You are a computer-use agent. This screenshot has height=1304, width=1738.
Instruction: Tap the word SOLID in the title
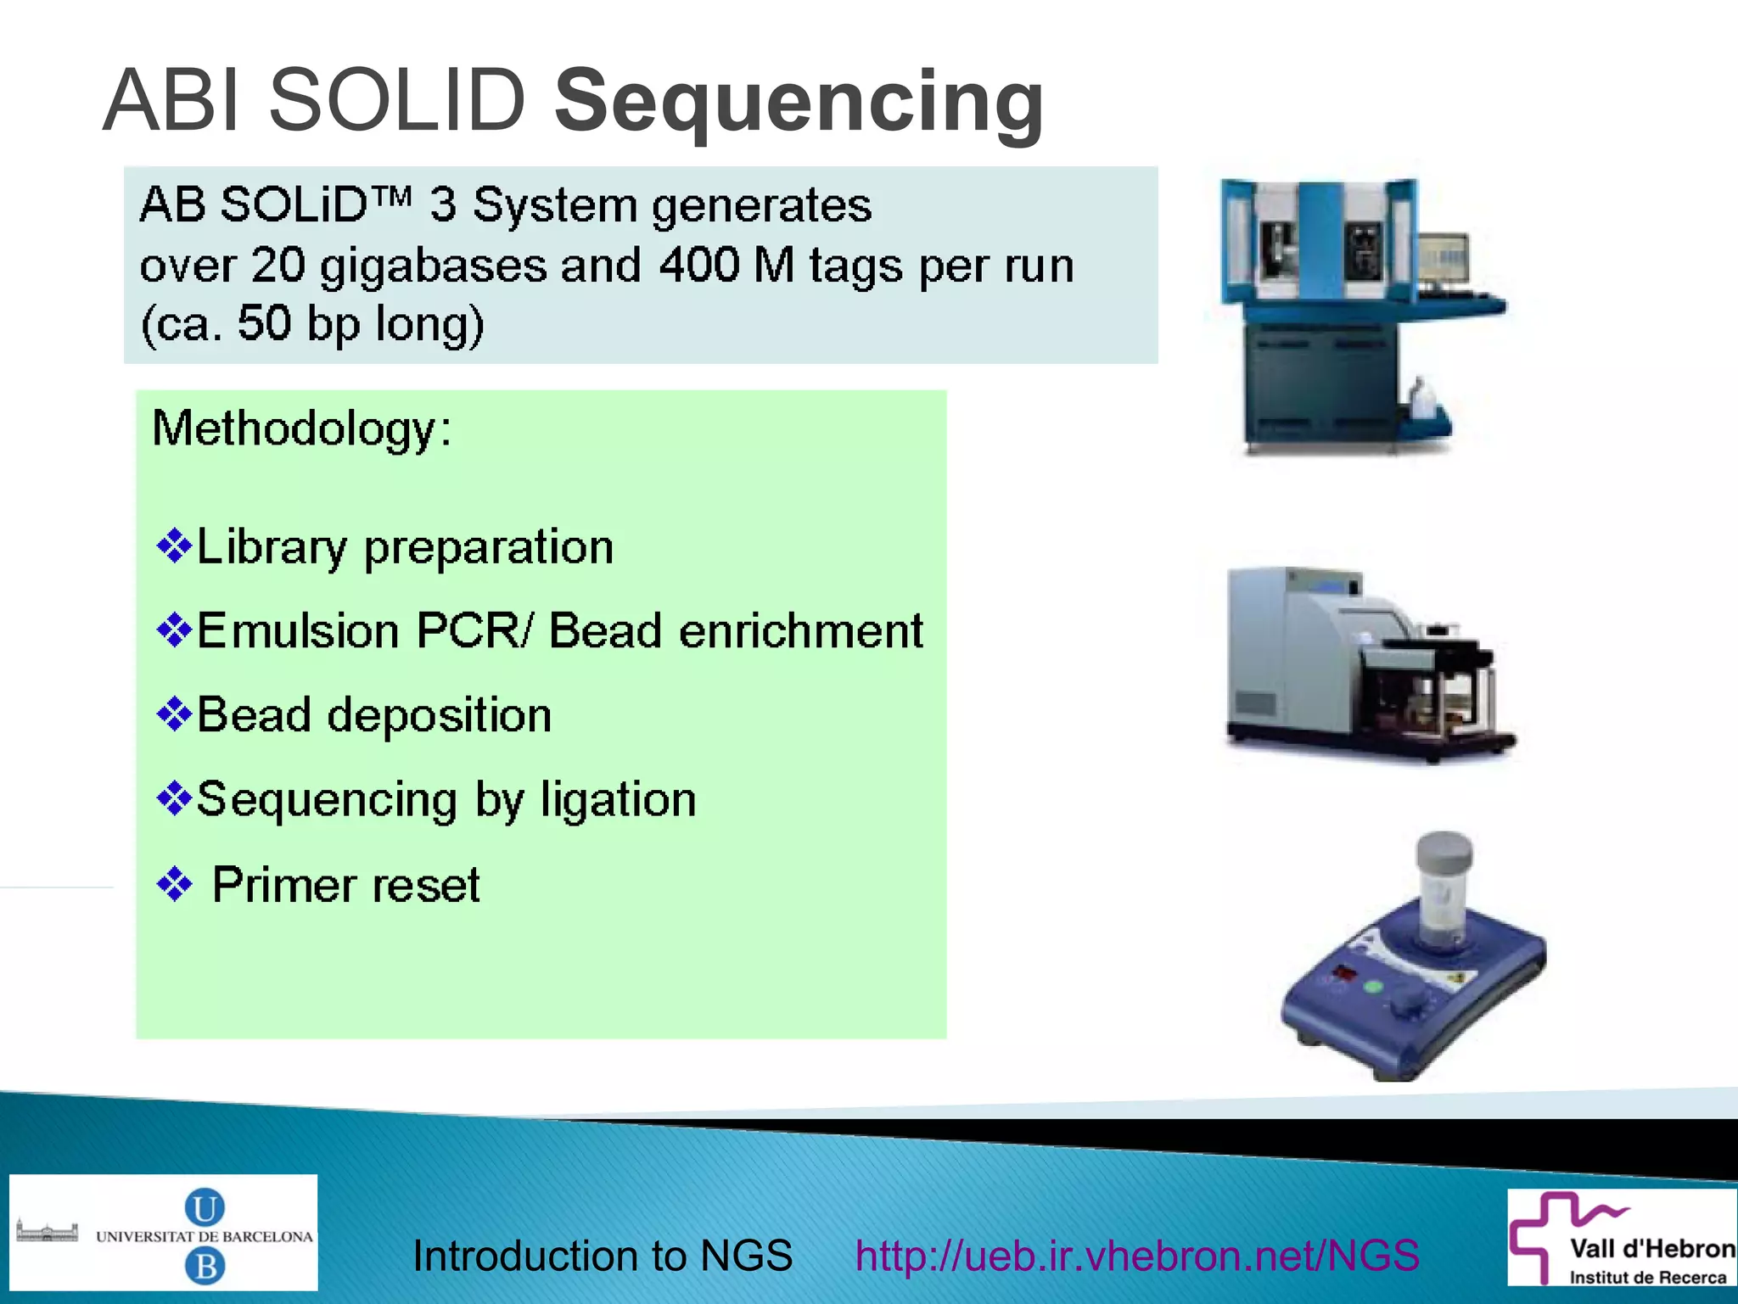pos(397,101)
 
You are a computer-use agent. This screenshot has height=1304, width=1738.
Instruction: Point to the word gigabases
pos(433,267)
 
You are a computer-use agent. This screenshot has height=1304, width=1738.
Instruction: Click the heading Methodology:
pos(301,428)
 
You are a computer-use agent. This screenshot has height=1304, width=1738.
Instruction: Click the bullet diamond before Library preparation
pos(175,546)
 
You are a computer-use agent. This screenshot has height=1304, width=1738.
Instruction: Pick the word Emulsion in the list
pos(298,631)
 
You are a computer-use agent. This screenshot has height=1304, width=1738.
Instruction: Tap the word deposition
pos(440,715)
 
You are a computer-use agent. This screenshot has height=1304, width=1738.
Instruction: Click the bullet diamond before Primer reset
pos(175,885)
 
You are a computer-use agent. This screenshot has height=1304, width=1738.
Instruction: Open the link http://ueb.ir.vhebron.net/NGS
pos(1136,1255)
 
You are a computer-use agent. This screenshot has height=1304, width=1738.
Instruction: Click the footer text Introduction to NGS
pos(602,1255)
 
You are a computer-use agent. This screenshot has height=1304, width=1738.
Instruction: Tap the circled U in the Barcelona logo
pos(205,1207)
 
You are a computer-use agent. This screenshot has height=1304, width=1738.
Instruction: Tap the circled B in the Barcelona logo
pos(205,1267)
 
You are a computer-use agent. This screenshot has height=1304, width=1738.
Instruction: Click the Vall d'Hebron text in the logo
pos(1651,1249)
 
